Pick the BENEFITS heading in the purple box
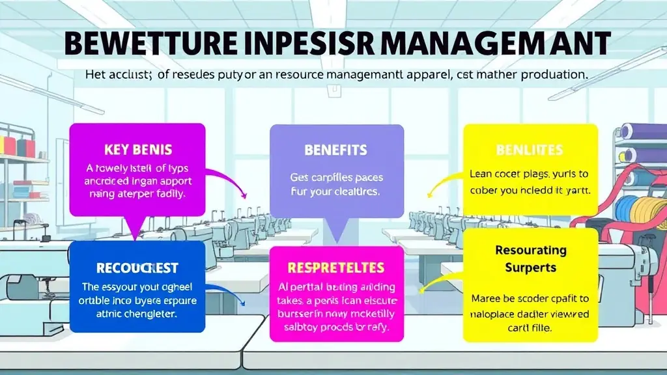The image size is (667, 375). pyautogui.click(x=335, y=150)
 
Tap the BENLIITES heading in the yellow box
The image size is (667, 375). pyautogui.click(x=529, y=150)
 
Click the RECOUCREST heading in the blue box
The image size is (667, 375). pyautogui.click(x=137, y=268)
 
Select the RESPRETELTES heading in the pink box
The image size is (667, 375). pyautogui.click(x=335, y=268)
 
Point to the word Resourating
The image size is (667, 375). pyautogui.click(x=530, y=250)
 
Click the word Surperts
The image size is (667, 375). pyautogui.click(x=530, y=267)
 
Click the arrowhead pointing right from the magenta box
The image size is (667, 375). pyautogui.click(x=243, y=195)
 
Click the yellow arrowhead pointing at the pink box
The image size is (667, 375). pyautogui.click(x=423, y=289)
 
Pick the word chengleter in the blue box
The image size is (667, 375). pyautogui.click(x=151, y=313)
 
